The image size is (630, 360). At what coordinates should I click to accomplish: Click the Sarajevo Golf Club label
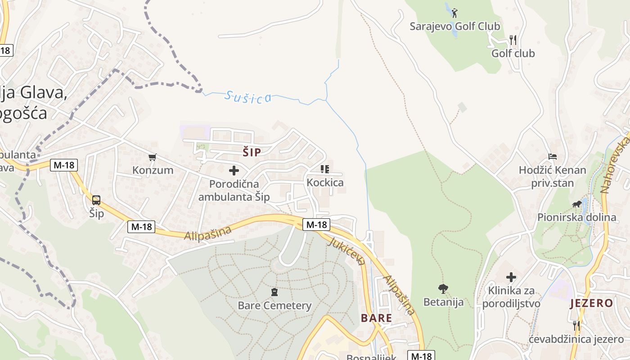click(454, 27)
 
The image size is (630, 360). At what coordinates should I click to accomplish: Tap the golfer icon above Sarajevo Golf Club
click(454, 13)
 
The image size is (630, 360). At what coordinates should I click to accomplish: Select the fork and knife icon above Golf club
click(513, 40)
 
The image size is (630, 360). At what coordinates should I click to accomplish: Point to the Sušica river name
click(248, 97)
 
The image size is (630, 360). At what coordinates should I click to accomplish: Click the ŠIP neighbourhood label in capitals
click(252, 153)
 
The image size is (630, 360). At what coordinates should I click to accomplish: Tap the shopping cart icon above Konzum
click(153, 157)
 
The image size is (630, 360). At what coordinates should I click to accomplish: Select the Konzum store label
click(153, 170)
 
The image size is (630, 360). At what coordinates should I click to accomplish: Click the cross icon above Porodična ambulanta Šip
click(234, 171)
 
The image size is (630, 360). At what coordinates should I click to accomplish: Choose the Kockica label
click(325, 183)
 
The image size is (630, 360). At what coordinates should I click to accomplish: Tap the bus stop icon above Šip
click(96, 200)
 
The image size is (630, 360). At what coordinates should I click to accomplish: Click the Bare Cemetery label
click(274, 306)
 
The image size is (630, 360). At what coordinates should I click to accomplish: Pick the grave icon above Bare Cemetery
click(274, 292)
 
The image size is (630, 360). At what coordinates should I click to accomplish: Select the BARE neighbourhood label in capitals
click(376, 318)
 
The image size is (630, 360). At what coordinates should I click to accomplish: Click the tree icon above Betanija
click(443, 288)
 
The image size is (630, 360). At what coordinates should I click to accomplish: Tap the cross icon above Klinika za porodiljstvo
click(511, 277)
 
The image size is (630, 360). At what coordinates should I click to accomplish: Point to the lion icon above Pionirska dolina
click(576, 205)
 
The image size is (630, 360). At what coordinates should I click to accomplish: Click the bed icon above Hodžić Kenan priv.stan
click(553, 157)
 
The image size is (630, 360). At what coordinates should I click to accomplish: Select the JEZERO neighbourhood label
click(591, 303)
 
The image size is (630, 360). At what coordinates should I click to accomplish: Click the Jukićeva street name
click(346, 251)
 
